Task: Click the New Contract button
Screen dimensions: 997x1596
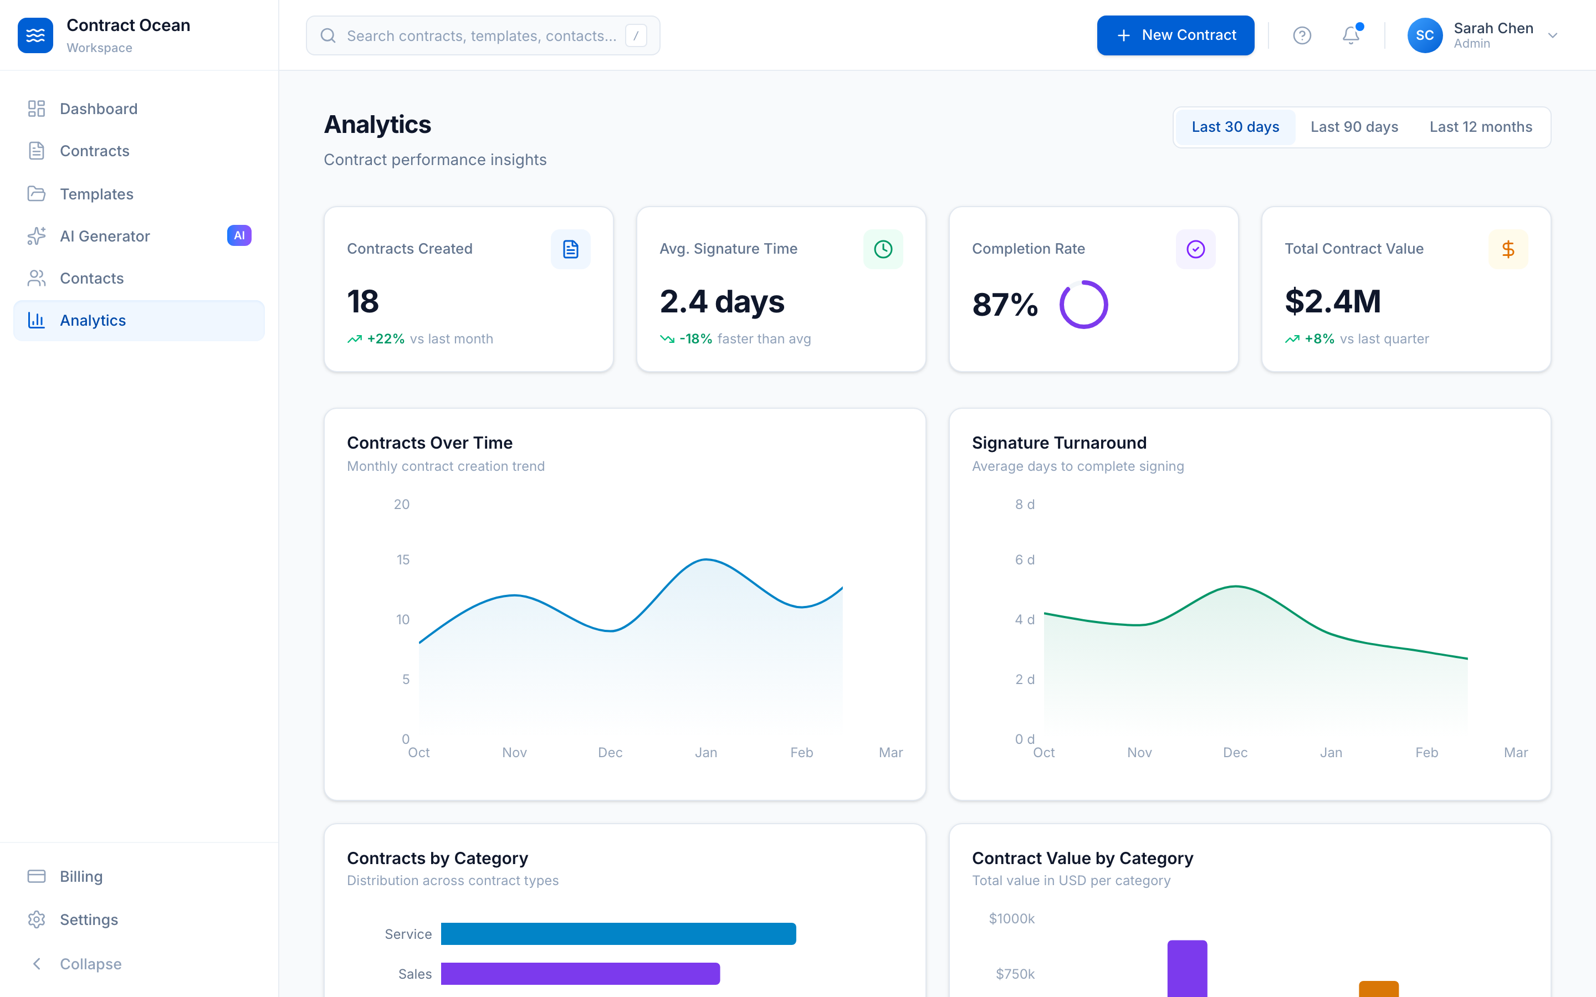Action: point(1175,35)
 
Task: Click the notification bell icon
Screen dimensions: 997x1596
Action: point(1350,35)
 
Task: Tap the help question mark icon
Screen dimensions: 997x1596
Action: point(1301,35)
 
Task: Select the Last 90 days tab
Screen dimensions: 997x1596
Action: point(1353,127)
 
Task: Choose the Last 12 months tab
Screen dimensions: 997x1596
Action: point(1480,127)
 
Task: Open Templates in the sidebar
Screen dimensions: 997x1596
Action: point(96,194)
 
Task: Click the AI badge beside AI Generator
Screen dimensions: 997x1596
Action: point(239,235)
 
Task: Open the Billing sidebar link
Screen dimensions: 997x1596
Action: point(80,876)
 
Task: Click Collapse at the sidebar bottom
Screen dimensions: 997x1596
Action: point(90,964)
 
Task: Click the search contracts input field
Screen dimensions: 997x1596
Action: point(482,35)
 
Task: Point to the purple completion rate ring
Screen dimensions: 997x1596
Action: point(1083,305)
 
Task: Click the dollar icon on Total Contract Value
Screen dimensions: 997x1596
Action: point(1508,249)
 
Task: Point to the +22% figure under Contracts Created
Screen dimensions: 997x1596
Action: point(385,339)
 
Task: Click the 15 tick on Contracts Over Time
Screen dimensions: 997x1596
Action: point(402,560)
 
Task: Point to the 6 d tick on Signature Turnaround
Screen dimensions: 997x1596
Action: point(1024,560)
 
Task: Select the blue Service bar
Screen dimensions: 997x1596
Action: point(618,934)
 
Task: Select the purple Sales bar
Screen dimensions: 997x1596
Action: point(580,973)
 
